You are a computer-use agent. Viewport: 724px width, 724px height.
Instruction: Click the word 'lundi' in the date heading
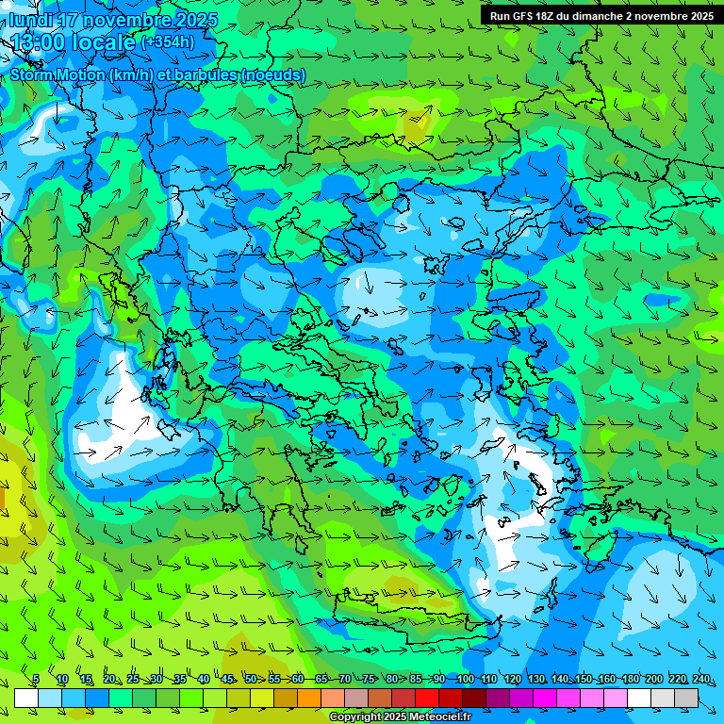pos(29,20)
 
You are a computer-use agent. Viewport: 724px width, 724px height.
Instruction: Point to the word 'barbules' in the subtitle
pos(206,74)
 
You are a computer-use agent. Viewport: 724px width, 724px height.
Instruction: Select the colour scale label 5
pos(36,679)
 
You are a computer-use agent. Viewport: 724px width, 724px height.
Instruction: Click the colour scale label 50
pos(250,679)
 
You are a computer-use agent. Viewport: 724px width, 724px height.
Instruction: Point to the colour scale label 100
pos(465,679)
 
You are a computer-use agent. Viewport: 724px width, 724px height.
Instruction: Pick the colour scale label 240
pos(701,679)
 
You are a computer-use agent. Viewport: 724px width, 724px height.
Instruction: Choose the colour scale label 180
pos(630,679)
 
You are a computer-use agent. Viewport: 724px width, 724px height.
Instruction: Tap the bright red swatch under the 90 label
pos(427,698)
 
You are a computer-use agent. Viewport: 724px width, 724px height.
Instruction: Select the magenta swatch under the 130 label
pos(545,698)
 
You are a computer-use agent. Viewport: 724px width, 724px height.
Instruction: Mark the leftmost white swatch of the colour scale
pos(26,698)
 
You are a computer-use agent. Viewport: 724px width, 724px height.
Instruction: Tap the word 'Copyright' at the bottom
pos(355,717)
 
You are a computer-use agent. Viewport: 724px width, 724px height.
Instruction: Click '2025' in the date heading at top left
pos(195,20)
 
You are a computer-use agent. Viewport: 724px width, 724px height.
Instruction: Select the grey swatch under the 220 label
pos(663,698)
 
